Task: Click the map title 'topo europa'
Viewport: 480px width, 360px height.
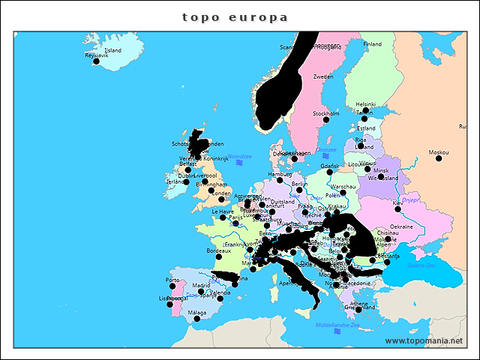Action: (235, 16)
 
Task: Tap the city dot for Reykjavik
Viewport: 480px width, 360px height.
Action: (96, 61)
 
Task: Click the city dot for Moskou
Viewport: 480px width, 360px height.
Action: (439, 158)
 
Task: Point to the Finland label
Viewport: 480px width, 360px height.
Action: (372, 44)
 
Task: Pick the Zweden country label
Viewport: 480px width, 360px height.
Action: (323, 76)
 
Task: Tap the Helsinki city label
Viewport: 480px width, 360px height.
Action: (365, 104)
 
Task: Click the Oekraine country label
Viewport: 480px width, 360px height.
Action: (401, 226)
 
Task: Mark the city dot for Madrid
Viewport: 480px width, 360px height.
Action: (200, 292)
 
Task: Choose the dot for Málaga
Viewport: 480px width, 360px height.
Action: (197, 319)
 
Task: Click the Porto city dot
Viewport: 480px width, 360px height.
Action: (173, 286)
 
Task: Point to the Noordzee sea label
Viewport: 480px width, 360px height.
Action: (240, 156)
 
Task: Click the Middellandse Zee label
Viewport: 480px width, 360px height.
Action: (337, 325)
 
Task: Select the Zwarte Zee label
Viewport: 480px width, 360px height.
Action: (421, 264)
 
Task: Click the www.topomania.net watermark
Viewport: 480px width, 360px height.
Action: (424, 341)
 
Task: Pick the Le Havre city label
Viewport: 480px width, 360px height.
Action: (223, 211)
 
